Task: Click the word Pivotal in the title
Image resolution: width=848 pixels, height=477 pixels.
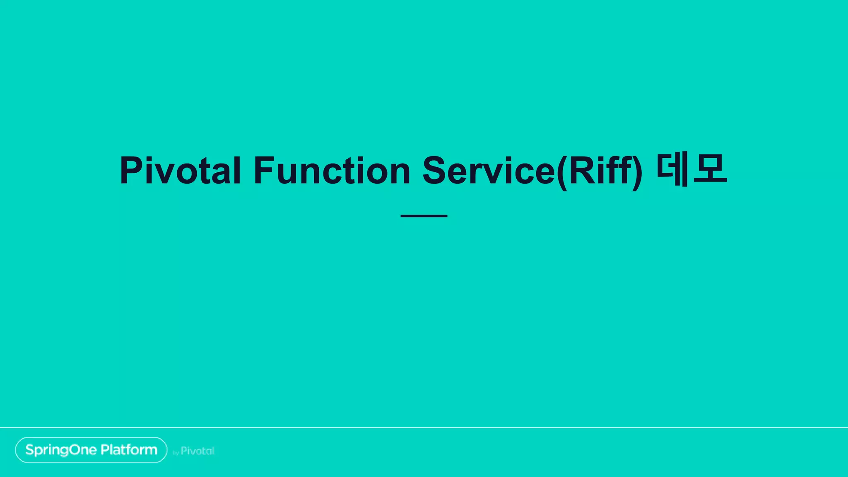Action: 180,171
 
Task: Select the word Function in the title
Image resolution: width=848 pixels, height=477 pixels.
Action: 332,171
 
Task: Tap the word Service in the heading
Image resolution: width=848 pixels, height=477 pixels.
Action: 489,171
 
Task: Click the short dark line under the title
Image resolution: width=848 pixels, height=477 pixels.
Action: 424,216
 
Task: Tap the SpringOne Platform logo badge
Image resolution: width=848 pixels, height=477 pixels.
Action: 91,450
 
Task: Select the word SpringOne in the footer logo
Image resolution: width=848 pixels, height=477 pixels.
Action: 61,450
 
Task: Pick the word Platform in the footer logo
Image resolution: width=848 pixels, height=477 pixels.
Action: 129,450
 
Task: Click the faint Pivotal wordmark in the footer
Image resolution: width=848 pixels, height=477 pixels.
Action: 198,451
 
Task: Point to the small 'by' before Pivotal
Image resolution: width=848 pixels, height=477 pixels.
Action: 176,453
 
